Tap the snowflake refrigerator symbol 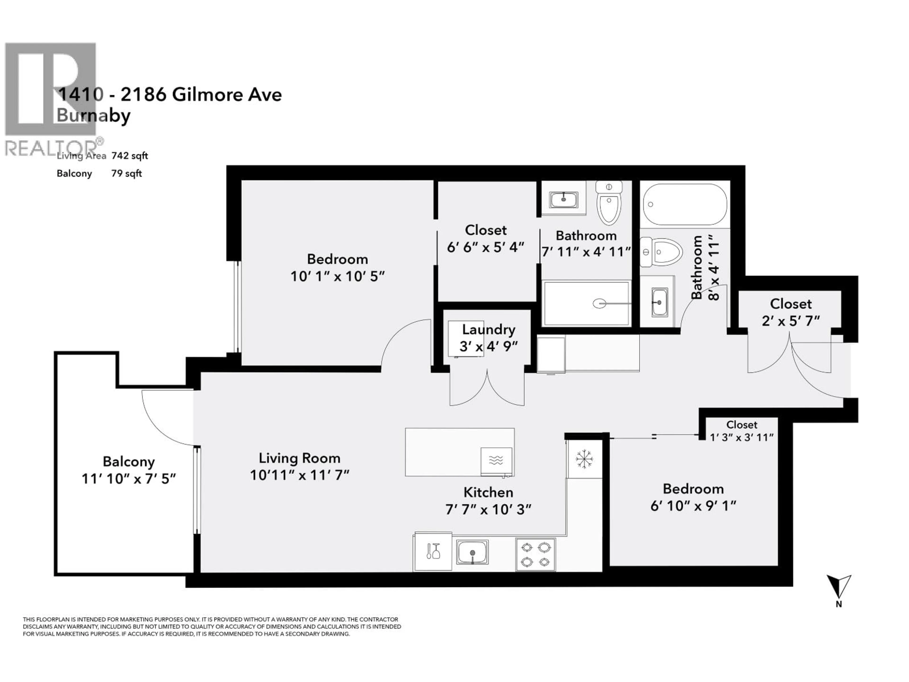coord(584,459)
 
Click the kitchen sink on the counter coord(472,552)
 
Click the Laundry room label coord(488,330)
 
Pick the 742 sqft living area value coord(129,156)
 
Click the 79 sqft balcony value coord(126,174)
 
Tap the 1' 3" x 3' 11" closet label coord(741,437)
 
